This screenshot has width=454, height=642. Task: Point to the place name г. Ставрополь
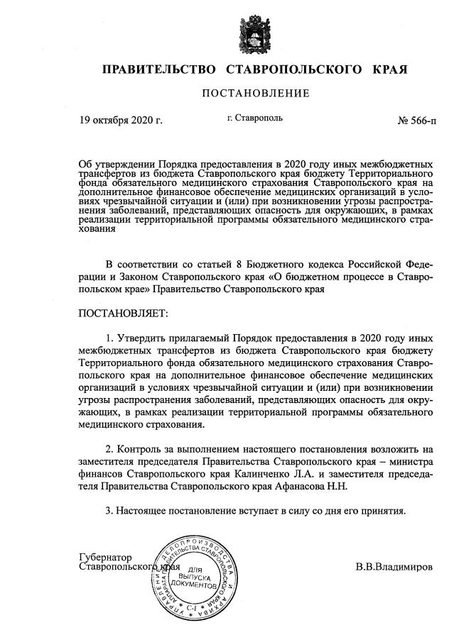tap(255, 118)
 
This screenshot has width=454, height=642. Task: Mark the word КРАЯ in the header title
tap(389, 70)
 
